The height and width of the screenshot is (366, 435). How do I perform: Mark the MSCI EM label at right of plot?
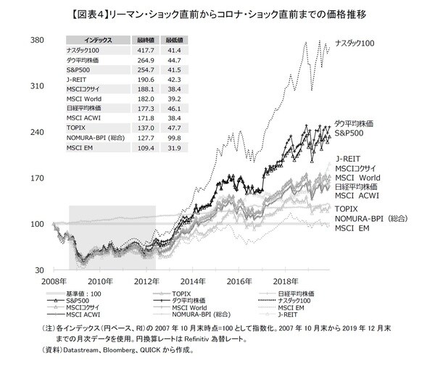coord(352,229)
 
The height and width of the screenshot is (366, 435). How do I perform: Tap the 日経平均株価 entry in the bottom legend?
coord(301,291)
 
